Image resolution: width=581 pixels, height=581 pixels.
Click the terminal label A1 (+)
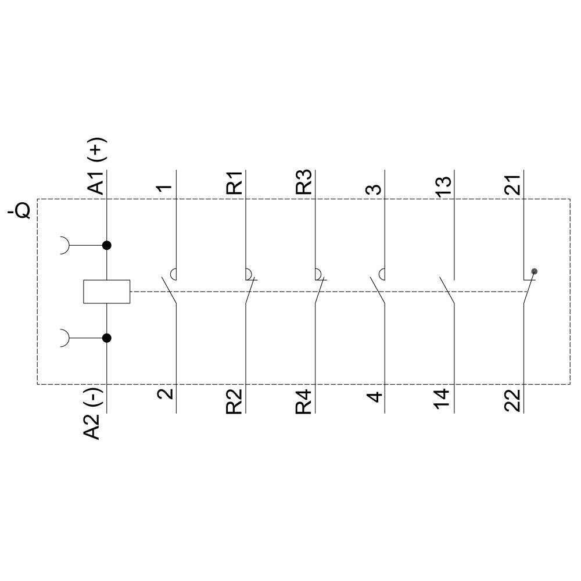tap(96, 168)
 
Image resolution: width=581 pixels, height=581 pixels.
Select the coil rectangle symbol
tap(107, 292)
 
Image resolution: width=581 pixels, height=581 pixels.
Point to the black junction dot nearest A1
tap(107, 245)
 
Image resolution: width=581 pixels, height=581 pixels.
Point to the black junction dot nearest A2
tap(107, 338)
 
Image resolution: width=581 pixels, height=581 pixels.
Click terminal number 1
tap(165, 189)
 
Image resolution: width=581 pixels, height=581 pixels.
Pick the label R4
tap(303, 401)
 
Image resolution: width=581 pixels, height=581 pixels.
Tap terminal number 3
tap(375, 189)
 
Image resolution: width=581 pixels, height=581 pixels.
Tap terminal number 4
tap(375, 397)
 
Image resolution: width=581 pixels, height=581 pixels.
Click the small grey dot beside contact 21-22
tap(535, 271)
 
